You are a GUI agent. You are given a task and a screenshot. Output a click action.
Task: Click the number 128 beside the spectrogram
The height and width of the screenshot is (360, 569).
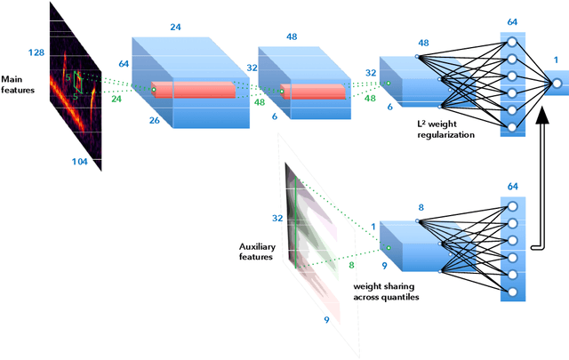pos(36,53)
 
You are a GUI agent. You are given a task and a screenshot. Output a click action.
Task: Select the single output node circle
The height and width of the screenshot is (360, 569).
pos(556,84)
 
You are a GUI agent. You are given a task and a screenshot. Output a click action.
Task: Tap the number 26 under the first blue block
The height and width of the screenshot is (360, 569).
pos(155,120)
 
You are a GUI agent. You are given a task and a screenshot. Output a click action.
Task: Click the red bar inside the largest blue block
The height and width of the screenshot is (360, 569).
pos(203,90)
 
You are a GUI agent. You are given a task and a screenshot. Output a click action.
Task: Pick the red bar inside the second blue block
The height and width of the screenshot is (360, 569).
pos(314,90)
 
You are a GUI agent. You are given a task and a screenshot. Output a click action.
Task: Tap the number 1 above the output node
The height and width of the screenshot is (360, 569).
pos(557,61)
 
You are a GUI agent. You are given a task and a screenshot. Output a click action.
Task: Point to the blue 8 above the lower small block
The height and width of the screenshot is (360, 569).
pos(421,207)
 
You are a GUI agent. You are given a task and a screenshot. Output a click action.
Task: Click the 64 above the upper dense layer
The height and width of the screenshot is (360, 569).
pos(512,21)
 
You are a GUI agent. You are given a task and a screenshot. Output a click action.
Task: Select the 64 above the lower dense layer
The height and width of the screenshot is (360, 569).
pos(512,187)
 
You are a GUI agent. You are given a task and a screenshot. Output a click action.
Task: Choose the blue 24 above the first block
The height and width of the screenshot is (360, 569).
pos(176,28)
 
